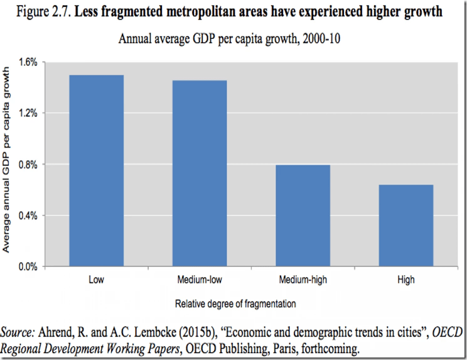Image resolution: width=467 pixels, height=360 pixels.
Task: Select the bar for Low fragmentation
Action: click(96, 171)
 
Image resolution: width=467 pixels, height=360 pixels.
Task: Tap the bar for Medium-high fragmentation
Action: click(304, 215)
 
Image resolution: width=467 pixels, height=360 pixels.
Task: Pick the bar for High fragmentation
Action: click(407, 226)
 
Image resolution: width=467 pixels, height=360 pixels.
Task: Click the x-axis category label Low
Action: click(96, 280)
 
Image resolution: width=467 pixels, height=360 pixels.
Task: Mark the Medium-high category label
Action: click(304, 280)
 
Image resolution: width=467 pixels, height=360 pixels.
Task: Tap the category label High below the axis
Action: click(407, 280)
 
